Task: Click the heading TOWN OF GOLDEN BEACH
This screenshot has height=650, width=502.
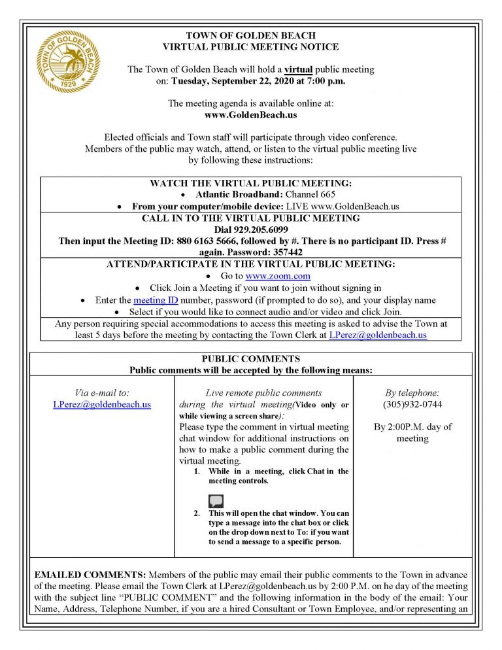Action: (250, 35)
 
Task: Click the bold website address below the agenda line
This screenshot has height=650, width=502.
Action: (251, 114)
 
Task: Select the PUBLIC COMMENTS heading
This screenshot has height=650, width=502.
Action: (250, 358)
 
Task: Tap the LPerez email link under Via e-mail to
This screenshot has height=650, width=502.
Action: (102, 404)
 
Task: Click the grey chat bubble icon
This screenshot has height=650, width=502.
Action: (216, 502)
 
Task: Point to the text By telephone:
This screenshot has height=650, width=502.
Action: (412, 392)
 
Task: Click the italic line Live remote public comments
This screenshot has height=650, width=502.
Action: (263, 392)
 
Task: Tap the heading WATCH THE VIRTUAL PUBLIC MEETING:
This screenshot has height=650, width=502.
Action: (250, 183)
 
